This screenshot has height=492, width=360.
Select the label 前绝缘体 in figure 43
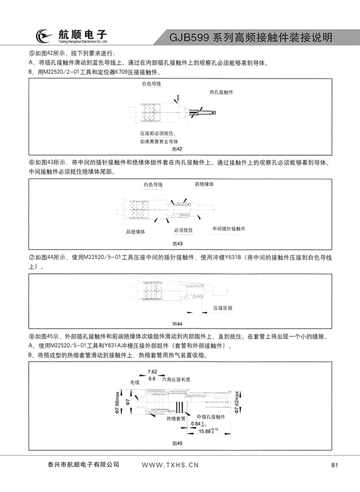point(204,184)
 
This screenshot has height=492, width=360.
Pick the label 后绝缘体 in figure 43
point(136,231)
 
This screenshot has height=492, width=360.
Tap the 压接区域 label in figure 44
point(223,308)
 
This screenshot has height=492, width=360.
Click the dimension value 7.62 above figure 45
point(152,372)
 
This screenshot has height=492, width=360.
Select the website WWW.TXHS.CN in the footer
point(169,465)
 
